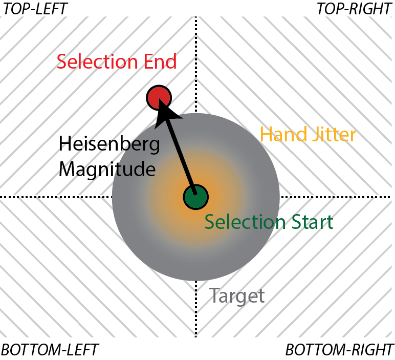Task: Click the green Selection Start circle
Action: pyautogui.click(x=195, y=196)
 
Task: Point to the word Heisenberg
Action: pyautogui.click(x=109, y=144)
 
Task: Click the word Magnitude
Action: pyautogui.click(x=106, y=169)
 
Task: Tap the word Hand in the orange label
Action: pyautogui.click(x=281, y=135)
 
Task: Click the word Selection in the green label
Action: pyautogui.click(x=243, y=222)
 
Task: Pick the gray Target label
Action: pyautogui.click(x=237, y=296)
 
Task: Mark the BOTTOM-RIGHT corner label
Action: pyautogui.click(x=339, y=350)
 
